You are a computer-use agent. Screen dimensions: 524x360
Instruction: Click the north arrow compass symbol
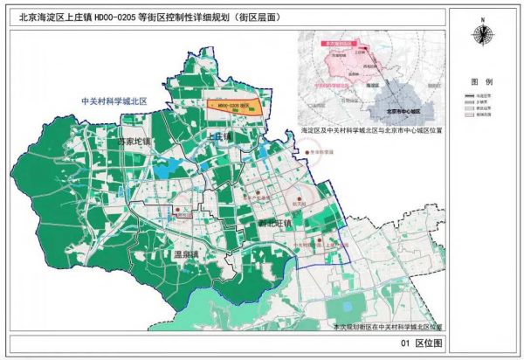[481, 34]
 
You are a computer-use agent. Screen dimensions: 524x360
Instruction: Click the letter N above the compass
[481, 19]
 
